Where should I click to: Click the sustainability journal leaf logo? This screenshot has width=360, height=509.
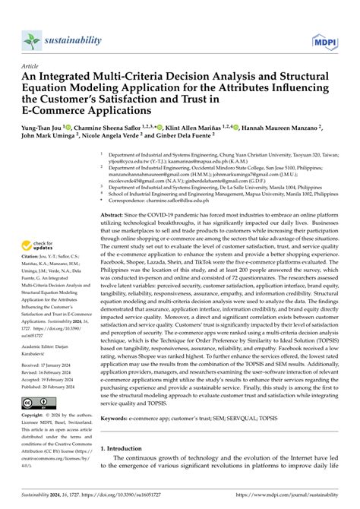coord(31,40)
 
